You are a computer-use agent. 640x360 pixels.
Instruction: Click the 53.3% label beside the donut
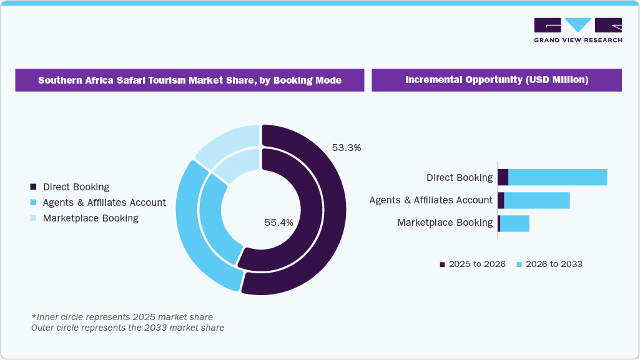click(347, 148)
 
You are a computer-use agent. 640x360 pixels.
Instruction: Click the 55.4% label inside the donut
click(278, 222)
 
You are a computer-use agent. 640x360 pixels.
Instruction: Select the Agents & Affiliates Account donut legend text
click(104, 203)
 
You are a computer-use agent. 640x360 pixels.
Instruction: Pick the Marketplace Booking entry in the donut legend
click(90, 218)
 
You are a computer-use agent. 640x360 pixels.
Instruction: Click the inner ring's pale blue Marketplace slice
click(235, 165)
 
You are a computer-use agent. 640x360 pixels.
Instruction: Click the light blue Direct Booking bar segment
click(557, 177)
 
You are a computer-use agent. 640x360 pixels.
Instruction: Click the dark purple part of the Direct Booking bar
click(503, 177)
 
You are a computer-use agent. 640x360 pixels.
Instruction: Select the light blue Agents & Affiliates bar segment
click(536, 200)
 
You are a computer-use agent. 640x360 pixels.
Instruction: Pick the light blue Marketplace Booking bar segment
click(514, 223)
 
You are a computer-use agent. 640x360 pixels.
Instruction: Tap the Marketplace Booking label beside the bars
click(445, 223)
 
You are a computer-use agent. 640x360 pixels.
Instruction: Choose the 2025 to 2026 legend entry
click(473, 264)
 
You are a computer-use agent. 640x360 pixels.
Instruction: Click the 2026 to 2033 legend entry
click(549, 264)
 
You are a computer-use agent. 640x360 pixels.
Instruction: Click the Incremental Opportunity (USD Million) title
click(496, 80)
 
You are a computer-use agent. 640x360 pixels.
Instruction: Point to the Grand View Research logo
click(578, 30)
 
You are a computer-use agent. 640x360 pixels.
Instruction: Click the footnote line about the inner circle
click(122, 317)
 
